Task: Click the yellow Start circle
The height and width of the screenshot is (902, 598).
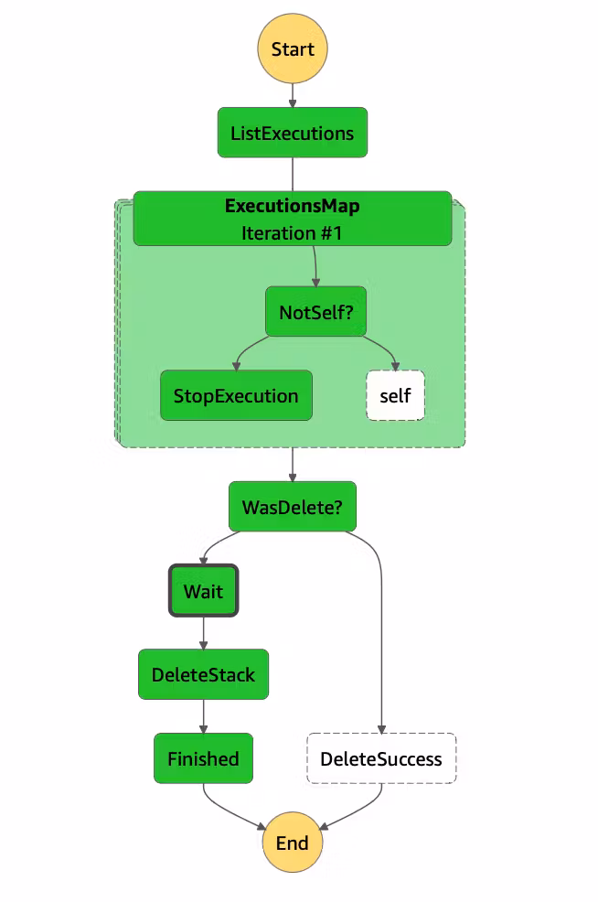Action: (293, 49)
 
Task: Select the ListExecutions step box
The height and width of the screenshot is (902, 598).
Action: (293, 133)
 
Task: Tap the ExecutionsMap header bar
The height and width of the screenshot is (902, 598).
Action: (293, 207)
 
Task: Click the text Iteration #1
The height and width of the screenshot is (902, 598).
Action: (292, 233)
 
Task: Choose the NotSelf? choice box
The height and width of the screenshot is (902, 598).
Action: (316, 313)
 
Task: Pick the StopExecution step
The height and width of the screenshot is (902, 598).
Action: (236, 396)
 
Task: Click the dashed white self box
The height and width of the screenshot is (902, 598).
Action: (395, 396)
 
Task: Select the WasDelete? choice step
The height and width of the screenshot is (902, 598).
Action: (293, 507)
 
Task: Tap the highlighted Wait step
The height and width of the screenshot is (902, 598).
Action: (203, 591)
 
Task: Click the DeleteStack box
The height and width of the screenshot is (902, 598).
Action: (203, 675)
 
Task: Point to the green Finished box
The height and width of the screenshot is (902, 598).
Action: (203, 758)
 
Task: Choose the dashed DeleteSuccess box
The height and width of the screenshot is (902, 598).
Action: (381, 758)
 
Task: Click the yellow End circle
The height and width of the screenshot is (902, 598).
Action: (293, 843)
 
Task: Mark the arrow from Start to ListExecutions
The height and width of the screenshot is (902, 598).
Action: (293, 95)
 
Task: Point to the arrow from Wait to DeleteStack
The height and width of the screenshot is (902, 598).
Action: (203, 633)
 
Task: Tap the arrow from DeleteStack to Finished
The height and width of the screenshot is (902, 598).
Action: (203, 716)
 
